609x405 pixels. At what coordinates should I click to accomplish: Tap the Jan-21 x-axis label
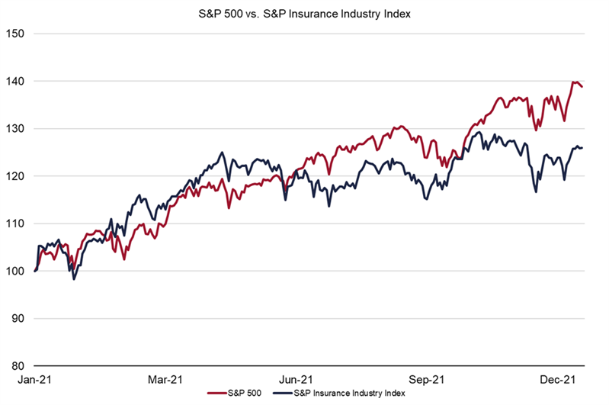pyautogui.click(x=34, y=379)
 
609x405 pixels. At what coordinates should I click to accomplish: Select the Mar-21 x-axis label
pyautogui.click(x=165, y=379)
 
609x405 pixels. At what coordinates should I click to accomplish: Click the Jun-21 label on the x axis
pyautogui.click(x=296, y=379)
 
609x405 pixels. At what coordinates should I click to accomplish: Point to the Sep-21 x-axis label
pyautogui.click(x=427, y=379)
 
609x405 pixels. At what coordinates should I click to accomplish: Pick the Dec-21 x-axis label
pyautogui.click(x=558, y=379)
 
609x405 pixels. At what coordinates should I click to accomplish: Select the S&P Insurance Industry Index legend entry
pyautogui.click(x=347, y=394)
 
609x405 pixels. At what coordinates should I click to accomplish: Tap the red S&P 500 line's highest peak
pyautogui.click(x=573, y=82)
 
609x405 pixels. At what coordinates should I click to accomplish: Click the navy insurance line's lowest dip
pyautogui.click(x=74, y=279)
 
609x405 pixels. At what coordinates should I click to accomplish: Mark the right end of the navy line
pyautogui.click(x=583, y=148)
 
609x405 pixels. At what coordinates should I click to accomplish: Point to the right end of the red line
pyautogui.click(x=583, y=87)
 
